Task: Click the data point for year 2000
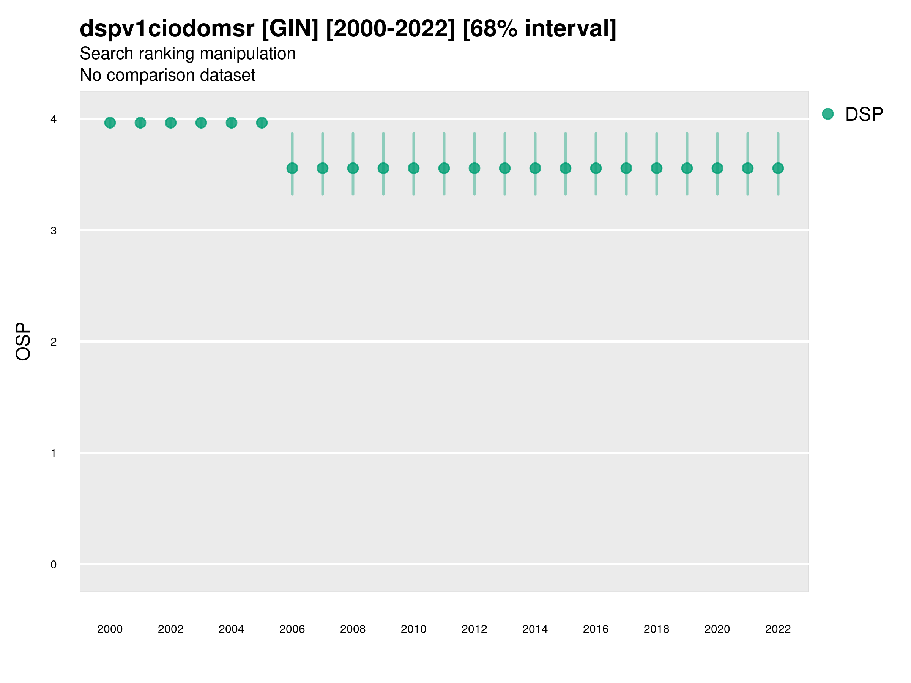click(x=110, y=123)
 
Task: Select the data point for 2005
click(x=262, y=123)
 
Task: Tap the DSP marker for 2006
click(x=292, y=168)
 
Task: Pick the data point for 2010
click(x=414, y=168)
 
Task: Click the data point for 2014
click(x=535, y=168)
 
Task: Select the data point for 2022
click(x=778, y=168)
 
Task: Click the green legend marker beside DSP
click(x=828, y=114)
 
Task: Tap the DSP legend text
click(x=864, y=115)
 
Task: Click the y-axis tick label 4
click(x=54, y=120)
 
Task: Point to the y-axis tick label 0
click(x=54, y=565)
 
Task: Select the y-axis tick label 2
click(x=54, y=342)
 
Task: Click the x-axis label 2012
click(x=474, y=629)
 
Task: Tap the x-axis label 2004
click(x=232, y=629)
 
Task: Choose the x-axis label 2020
click(x=717, y=629)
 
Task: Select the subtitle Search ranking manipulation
click(x=188, y=54)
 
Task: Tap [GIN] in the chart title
click(x=290, y=29)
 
